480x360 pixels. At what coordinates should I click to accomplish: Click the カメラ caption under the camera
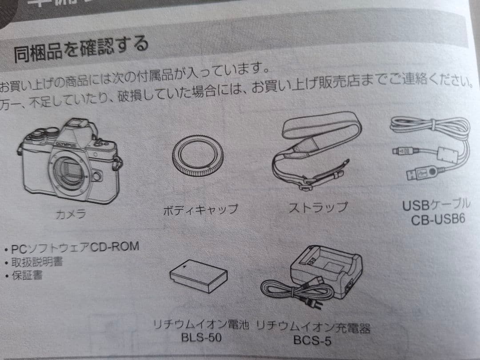70,214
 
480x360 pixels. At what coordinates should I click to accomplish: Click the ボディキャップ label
200,209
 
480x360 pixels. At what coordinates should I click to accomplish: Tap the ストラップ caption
317,207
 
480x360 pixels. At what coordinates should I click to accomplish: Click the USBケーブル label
436,205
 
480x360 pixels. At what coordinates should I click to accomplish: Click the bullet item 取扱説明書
36,261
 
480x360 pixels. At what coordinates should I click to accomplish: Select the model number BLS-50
201,337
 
